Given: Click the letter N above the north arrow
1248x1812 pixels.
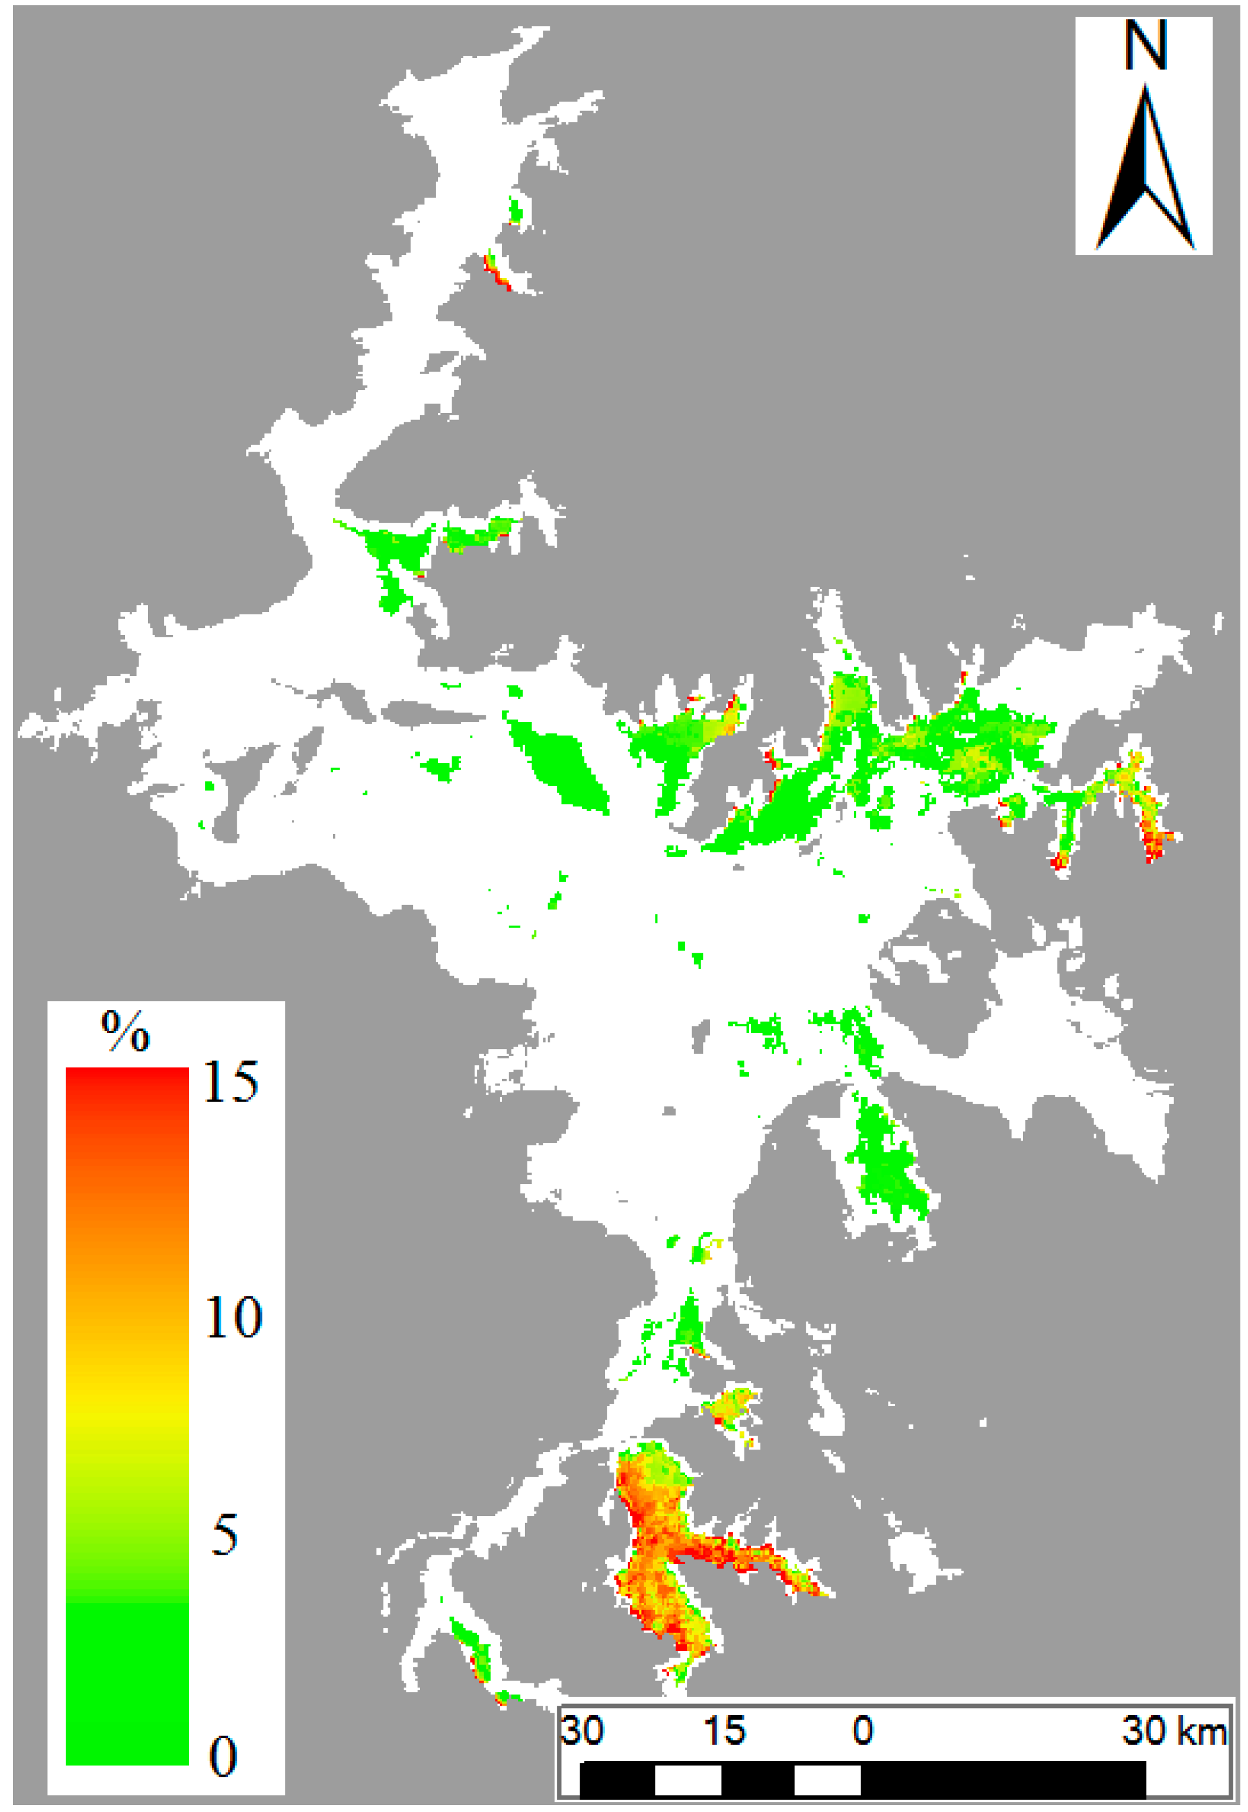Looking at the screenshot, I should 1146,45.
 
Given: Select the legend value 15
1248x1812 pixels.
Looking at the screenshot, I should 231,1083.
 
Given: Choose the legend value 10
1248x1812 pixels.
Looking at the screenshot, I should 233,1316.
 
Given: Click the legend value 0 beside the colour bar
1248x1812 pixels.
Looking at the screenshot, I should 223,1756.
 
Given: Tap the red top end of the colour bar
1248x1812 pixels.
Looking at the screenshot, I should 127,1079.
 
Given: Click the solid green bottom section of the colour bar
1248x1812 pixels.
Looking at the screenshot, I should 127,1682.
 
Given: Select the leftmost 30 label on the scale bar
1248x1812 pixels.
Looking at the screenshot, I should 583,1730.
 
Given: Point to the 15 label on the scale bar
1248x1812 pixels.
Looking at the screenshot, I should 725,1730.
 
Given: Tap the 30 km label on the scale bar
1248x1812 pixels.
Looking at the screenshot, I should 1173,1730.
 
